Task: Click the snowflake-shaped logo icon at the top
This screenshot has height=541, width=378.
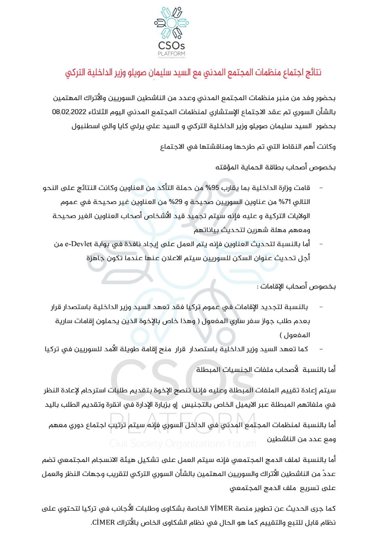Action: tap(172, 23)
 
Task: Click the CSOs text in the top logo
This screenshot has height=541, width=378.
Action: tap(172, 45)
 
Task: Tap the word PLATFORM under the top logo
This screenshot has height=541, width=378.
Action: tap(172, 53)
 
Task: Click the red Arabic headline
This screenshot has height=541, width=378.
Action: tap(193, 72)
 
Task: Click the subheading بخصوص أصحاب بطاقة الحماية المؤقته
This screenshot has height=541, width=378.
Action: tap(275, 167)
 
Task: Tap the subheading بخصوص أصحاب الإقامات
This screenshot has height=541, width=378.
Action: tap(296, 286)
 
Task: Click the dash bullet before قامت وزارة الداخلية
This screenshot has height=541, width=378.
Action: tap(321, 188)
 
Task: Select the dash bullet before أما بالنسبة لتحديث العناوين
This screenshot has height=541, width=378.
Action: tap(321, 244)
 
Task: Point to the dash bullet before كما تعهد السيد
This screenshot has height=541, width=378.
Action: tap(321, 349)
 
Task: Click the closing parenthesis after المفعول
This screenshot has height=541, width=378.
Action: tap(281, 335)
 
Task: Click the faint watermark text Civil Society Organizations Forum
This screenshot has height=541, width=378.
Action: tap(183, 443)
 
